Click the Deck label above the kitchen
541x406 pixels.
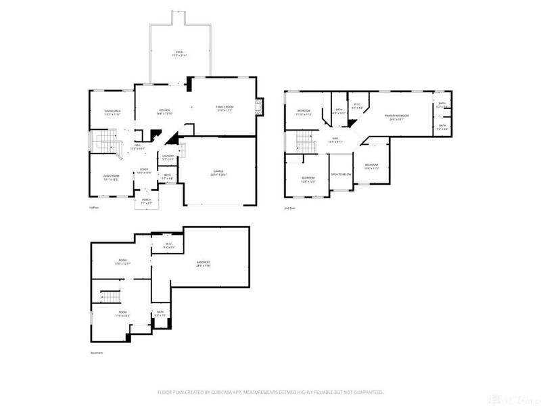(179, 52)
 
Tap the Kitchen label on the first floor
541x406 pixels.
(164, 110)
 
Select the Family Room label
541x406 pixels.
(225, 108)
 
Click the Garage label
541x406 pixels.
(218, 172)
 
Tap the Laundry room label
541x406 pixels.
(168, 157)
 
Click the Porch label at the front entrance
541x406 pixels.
(146, 200)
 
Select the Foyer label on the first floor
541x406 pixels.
(144, 171)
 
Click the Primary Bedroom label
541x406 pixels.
(397, 116)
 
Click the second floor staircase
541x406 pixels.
(305, 143)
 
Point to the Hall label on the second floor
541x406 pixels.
(336, 140)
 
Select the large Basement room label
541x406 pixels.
(204, 263)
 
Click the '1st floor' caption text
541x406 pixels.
(94, 208)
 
